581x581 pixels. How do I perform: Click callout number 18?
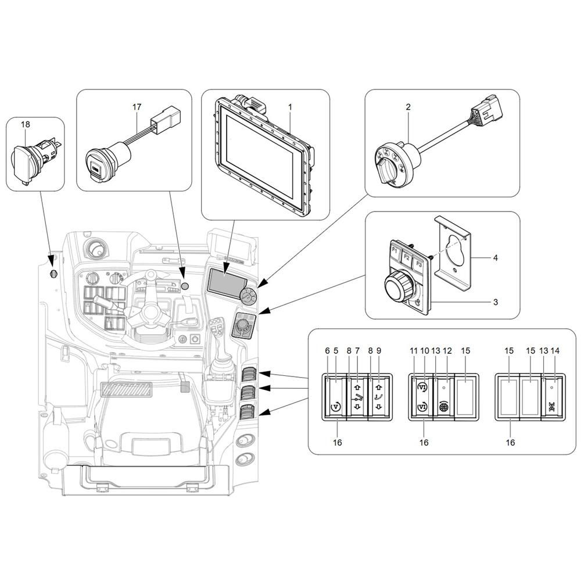(25, 124)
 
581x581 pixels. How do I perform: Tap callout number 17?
(137, 107)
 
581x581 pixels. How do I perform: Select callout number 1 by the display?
(290, 107)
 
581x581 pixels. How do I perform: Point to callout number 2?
(408, 107)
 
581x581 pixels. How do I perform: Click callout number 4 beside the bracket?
(496, 257)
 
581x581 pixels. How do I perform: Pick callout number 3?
(496, 302)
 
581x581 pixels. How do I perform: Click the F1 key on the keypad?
(395, 252)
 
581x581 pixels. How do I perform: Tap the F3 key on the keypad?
(419, 264)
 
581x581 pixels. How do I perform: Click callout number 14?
(555, 350)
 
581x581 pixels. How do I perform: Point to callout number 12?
(447, 350)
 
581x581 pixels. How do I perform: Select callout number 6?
(327, 350)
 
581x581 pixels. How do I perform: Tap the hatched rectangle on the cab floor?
(127, 389)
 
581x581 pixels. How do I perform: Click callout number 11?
(414, 350)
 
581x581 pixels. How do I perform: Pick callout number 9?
(378, 350)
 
